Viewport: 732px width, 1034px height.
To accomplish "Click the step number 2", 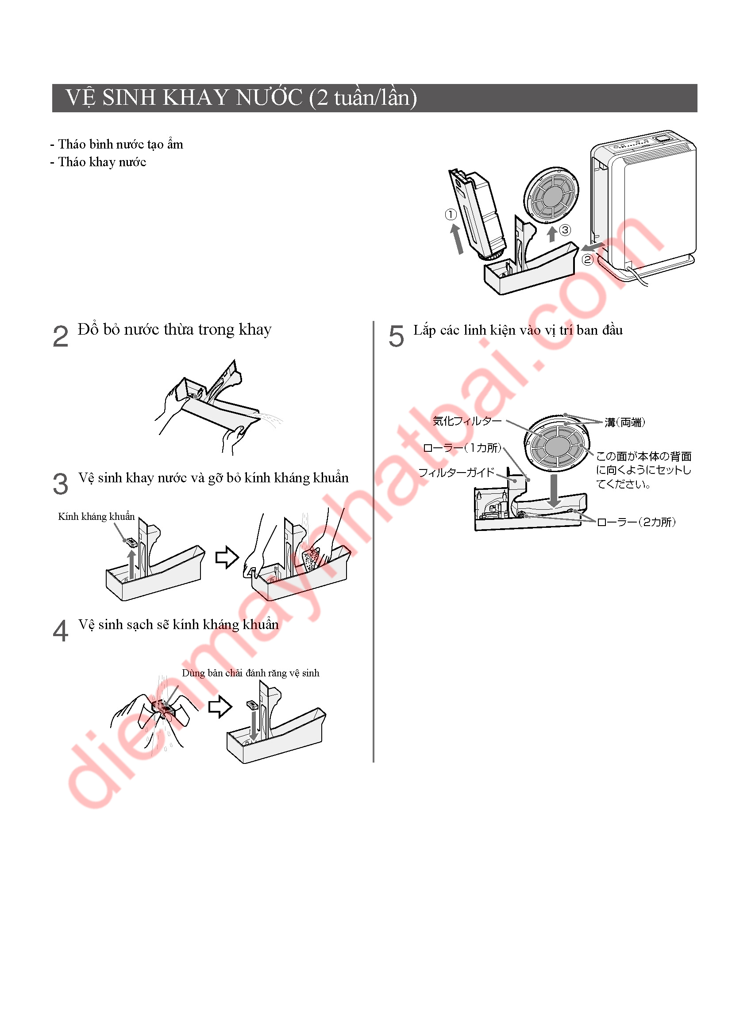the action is pyautogui.click(x=60, y=336).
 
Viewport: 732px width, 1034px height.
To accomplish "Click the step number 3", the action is pyautogui.click(x=60, y=484).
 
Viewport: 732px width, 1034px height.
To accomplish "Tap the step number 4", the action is pyautogui.click(x=60, y=630).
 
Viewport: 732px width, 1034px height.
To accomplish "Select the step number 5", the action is pyautogui.click(x=396, y=336).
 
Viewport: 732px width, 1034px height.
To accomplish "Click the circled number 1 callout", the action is pyautogui.click(x=450, y=214).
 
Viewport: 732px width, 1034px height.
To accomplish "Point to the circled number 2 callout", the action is pyautogui.click(x=587, y=259).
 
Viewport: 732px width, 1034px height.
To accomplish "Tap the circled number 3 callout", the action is pyautogui.click(x=565, y=230).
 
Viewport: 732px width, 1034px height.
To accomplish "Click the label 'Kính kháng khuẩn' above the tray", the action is pyautogui.click(x=96, y=516).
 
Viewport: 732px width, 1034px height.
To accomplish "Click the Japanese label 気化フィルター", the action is pyautogui.click(x=467, y=421).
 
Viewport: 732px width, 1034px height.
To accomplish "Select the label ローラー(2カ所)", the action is pyautogui.click(x=636, y=522).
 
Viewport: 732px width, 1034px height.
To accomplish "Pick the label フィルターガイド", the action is pyautogui.click(x=457, y=473).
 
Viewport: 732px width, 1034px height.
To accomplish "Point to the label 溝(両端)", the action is pyautogui.click(x=625, y=422).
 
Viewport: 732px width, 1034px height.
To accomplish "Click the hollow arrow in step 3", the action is pyautogui.click(x=227, y=557).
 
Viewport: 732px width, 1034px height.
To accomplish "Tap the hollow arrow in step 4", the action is pyautogui.click(x=220, y=706).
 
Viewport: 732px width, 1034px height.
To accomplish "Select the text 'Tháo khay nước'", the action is pyautogui.click(x=102, y=162).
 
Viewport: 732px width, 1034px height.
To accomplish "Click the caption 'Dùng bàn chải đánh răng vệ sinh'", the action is pyautogui.click(x=250, y=673).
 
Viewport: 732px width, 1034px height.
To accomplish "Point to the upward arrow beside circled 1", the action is pyautogui.click(x=457, y=239).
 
